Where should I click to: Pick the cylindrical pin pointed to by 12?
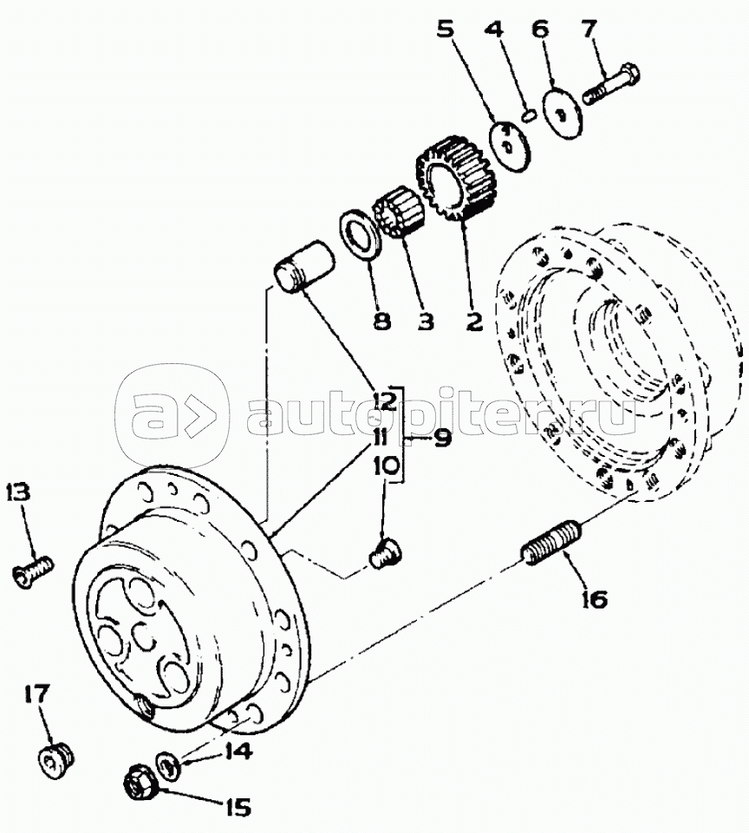point(303,266)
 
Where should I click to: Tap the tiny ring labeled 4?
point(527,116)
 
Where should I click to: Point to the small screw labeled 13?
point(32,570)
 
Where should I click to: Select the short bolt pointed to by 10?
point(385,555)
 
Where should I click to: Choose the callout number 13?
point(19,492)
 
